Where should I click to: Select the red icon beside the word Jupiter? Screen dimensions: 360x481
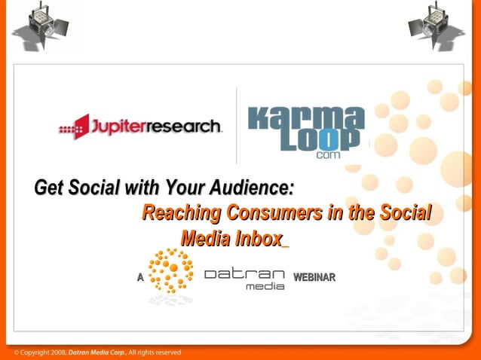81,127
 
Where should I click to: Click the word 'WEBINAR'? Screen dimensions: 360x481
314,278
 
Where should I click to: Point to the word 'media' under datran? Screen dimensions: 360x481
265,286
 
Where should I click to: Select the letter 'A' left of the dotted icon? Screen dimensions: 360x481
140,278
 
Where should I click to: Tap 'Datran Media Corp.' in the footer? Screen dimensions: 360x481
98,352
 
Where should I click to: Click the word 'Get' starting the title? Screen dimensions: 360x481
50,187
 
